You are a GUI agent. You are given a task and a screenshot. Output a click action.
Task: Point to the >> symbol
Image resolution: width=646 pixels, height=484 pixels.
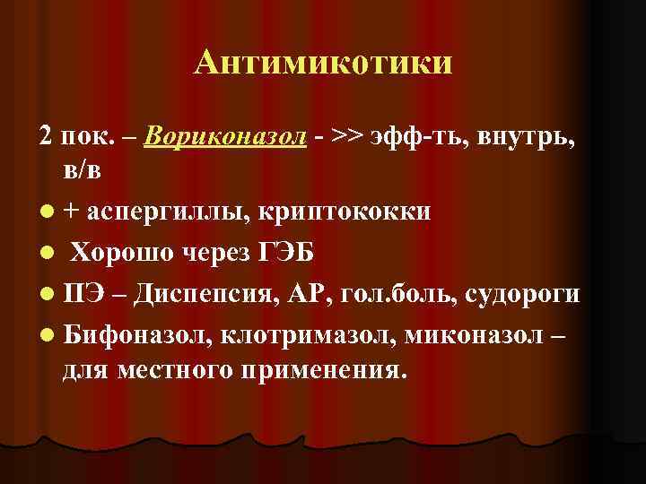[x=346, y=137]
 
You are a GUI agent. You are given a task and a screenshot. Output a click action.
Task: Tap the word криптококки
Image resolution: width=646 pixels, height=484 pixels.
[x=345, y=212]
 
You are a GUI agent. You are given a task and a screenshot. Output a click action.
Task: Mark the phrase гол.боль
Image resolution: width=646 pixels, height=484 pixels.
[x=390, y=294]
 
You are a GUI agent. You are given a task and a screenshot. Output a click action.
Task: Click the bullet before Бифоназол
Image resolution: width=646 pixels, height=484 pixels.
[x=46, y=335]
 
